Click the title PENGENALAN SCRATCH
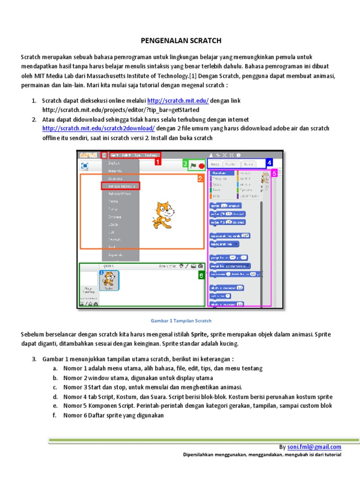[181, 41]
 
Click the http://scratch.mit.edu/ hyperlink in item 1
[178, 101]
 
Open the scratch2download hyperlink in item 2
[98, 128]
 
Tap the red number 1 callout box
[157, 162]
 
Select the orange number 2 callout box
[200, 179]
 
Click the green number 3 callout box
[185, 164]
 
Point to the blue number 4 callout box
[269, 163]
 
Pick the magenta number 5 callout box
[274, 172]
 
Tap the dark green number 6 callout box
[201, 276]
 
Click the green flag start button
[193, 165]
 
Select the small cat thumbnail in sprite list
[109, 280]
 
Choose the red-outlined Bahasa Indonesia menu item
[120, 186]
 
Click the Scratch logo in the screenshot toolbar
[88, 155]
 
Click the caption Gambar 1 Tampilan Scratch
[180, 321]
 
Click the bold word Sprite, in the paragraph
[200, 335]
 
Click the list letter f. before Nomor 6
[55, 415]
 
